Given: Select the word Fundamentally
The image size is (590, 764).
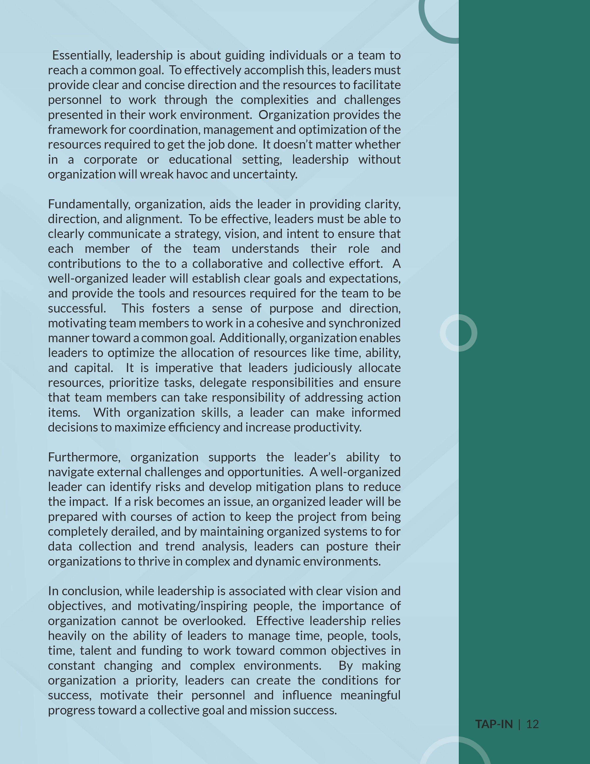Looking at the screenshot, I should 89,204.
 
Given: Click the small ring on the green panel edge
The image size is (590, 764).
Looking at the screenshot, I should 458,333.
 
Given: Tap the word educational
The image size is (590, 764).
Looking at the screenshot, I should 200,160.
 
